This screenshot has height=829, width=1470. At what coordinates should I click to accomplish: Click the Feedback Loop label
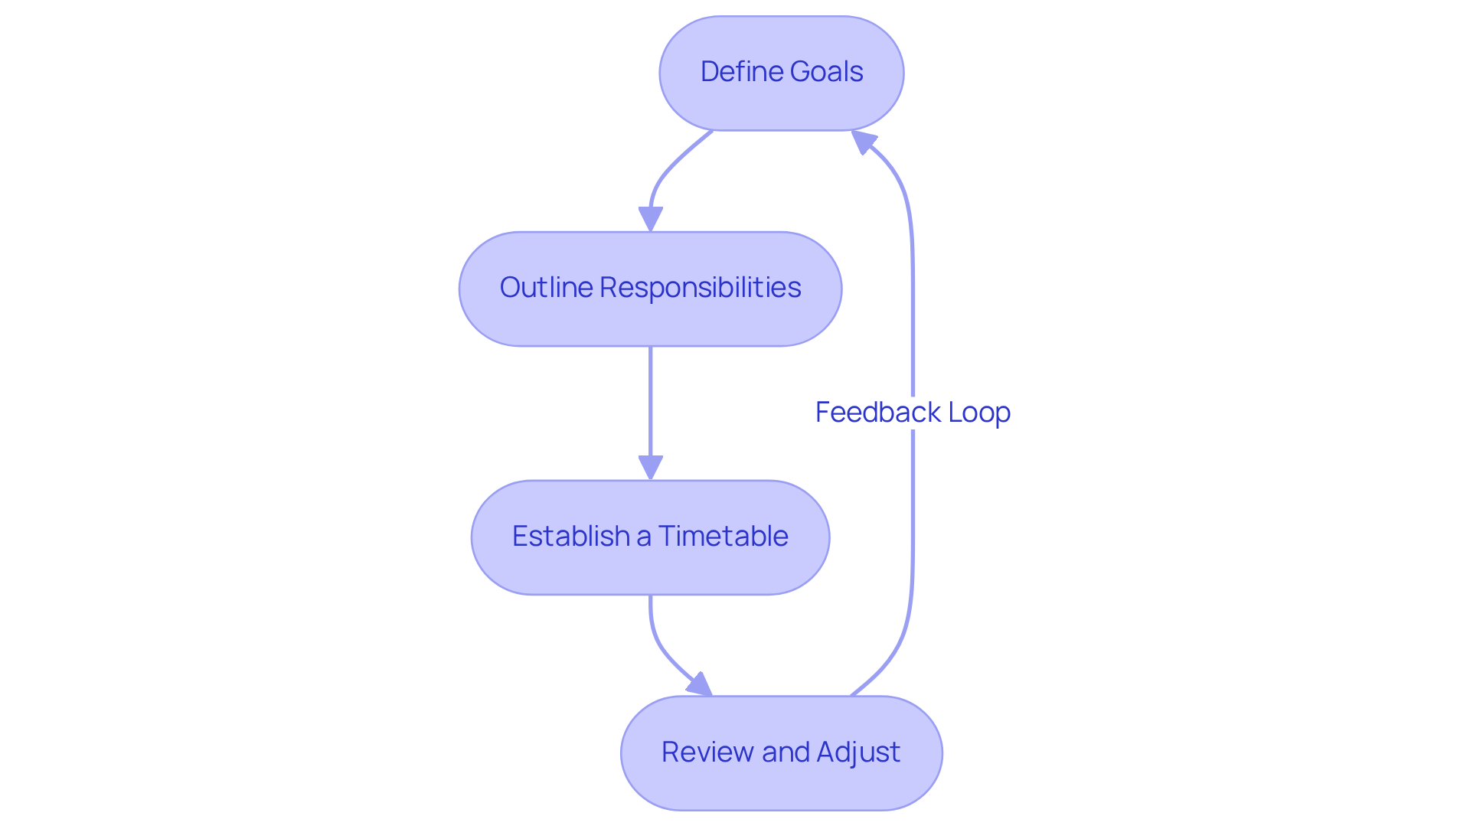coord(913,413)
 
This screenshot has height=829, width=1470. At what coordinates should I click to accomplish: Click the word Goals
coord(826,72)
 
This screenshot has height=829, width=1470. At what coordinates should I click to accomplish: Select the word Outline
coord(546,288)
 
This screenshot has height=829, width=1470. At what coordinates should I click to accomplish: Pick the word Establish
coord(570,537)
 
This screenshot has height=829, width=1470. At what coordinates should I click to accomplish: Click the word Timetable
coord(723,537)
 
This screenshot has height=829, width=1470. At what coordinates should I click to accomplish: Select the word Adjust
coord(858,752)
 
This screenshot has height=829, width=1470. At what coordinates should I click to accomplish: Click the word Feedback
coord(878,413)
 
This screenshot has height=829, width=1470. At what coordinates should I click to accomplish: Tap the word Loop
coord(979,413)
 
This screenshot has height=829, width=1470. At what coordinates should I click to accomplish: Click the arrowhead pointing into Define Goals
coord(863,141)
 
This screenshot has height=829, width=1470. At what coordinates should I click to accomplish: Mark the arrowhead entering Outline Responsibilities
coord(650,219)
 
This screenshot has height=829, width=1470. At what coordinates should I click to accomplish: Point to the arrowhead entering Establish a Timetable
coord(650,468)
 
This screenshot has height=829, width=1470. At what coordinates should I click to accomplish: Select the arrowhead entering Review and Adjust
coord(700,685)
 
